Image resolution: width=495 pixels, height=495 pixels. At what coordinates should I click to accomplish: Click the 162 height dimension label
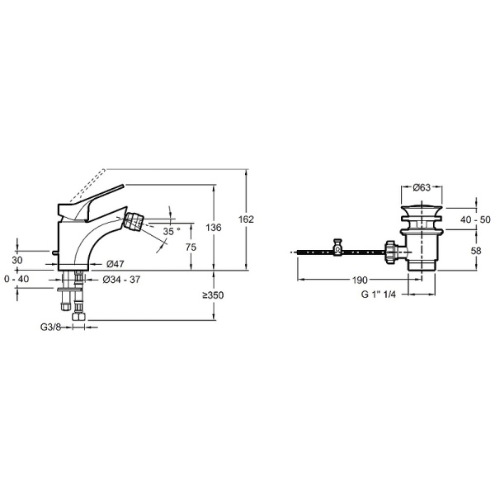[246, 219]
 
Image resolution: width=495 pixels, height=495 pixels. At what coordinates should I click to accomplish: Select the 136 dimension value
[214, 228]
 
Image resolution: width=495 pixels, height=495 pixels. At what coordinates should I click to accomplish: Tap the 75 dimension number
[191, 247]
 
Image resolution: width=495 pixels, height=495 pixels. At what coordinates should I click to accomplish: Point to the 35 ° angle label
[172, 231]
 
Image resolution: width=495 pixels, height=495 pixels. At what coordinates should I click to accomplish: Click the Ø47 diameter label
[115, 264]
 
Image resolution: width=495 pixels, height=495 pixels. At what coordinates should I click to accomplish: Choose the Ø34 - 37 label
[121, 280]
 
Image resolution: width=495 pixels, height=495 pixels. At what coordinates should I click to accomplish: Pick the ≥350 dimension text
[213, 295]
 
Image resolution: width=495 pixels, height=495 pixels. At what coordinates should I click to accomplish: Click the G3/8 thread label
[50, 327]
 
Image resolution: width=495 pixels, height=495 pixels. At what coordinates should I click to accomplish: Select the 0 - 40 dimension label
[16, 279]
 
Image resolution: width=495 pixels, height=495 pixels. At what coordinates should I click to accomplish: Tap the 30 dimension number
[17, 260]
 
